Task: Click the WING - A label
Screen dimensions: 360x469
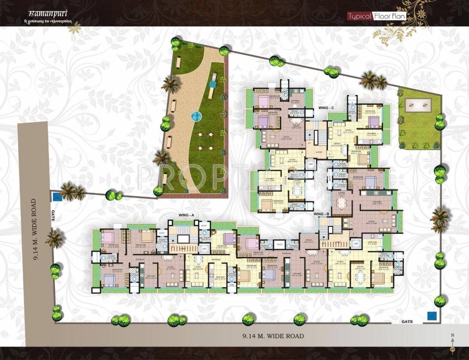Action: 186,215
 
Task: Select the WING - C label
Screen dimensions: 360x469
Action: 325,108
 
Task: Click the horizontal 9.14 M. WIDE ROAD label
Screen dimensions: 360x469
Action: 273,336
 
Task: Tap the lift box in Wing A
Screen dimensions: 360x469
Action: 204,248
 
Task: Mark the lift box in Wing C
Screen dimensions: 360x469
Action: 310,164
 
